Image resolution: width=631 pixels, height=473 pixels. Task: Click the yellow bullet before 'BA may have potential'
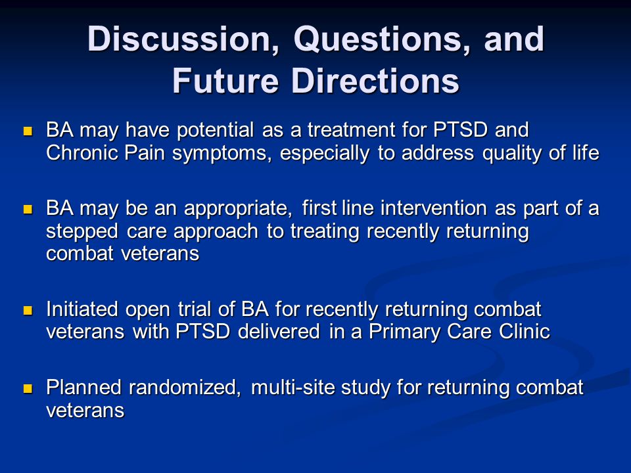tap(28, 131)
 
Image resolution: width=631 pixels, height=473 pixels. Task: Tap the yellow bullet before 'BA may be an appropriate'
tap(28, 210)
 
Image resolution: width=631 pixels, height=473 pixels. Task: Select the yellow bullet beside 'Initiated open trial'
tap(28, 311)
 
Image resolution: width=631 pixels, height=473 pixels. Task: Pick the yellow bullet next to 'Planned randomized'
tap(28, 388)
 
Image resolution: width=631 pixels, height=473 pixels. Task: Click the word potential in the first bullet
tap(216, 131)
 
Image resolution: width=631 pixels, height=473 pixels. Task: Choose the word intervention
tap(433, 208)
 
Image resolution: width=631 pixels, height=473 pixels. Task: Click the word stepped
tap(82, 232)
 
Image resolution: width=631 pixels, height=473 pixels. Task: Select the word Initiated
tap(82, 309)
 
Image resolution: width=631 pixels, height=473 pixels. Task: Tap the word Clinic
tap(525, 331)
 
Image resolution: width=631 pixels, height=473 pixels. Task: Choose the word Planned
tap(83, 388)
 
